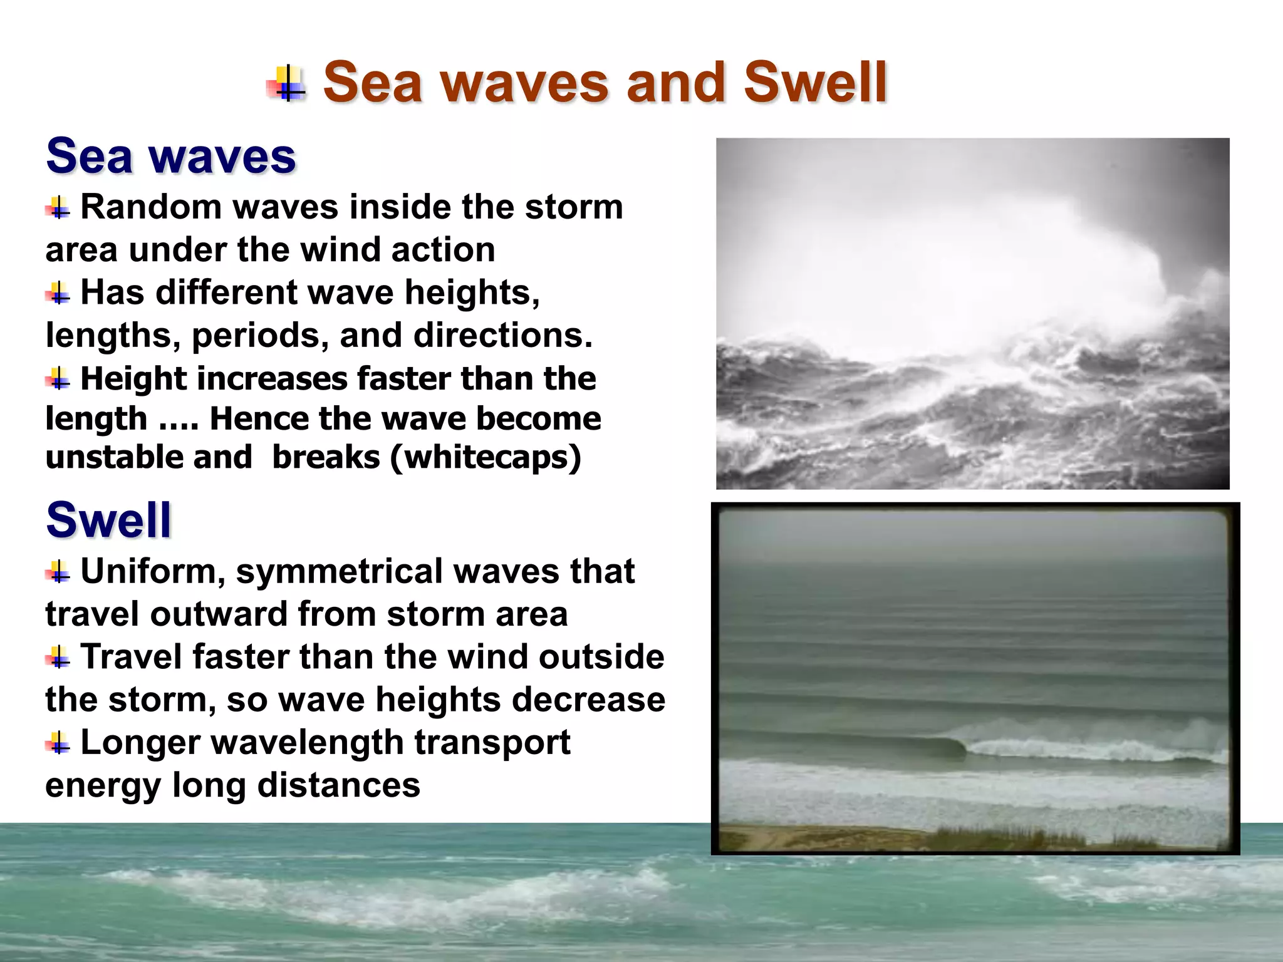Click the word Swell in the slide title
point(815,83)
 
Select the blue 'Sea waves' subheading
point(170,156)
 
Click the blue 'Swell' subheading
point(108,520)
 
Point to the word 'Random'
point(151,207)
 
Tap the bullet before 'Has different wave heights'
point(58,292)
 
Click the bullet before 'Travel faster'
point(58,658)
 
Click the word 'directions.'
point(502,336)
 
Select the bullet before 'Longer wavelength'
point(58,743)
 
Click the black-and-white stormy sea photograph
point(972,313)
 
